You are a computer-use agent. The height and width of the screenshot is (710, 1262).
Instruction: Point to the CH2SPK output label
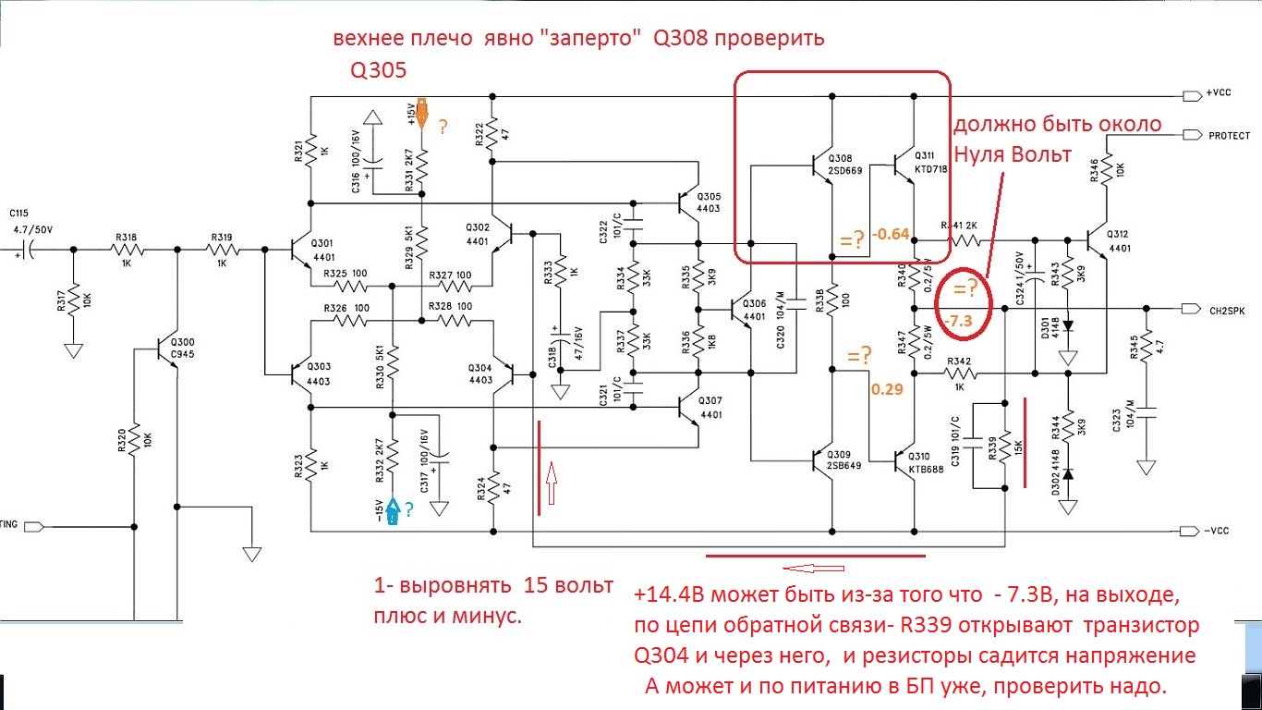(x=1226, y=311)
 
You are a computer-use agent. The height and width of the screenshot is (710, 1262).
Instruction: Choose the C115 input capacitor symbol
(x=30, y=250)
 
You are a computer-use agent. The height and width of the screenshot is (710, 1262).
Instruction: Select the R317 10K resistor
(x=74, y=301)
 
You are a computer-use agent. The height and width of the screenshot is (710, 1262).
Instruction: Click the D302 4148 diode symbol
(x=1068, y=474)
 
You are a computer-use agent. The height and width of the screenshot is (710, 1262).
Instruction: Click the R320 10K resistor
(x=135, y=442)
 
